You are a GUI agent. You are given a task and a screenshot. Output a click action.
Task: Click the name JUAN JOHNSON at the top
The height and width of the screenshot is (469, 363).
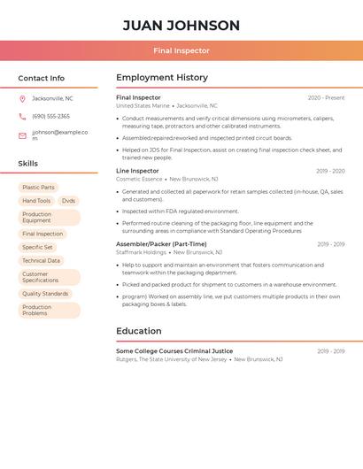point(181,26)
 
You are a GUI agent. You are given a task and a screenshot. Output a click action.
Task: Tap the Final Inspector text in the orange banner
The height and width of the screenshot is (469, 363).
point(181,51)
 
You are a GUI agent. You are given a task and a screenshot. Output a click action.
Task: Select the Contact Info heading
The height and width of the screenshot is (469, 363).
point(42,78)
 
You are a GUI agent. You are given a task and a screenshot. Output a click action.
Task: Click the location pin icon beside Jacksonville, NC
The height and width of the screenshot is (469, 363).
point(22,99)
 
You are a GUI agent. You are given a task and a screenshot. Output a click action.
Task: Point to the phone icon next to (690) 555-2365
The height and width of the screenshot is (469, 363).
point(22,117)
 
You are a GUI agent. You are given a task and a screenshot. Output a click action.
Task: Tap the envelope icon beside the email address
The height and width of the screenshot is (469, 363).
point(22,135)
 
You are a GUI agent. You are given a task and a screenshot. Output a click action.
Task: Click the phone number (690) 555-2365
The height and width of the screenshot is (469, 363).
point(50,117)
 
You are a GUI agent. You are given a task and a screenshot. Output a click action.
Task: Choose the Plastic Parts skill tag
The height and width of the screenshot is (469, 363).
point(38,188)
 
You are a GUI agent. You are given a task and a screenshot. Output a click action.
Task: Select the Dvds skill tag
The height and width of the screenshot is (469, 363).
point(68,201)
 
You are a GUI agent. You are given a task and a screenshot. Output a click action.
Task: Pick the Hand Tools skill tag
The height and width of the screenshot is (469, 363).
point(36,201)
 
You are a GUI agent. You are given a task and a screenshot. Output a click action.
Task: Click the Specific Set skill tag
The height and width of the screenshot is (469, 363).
point(37,248)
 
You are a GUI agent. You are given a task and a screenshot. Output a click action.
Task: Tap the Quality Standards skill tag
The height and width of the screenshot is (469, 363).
point(45,294)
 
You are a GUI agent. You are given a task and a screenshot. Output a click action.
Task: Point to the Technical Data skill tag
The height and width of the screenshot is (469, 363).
point(41,261)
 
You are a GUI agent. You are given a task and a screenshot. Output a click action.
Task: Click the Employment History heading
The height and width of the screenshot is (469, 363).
point(162,78)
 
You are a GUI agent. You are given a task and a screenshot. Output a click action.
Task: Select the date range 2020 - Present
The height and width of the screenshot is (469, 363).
point(326,98)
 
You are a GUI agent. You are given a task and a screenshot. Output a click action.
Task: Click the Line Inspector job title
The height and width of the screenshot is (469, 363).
point(137,171)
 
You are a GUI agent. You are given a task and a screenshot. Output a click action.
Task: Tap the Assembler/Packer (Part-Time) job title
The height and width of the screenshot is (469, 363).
point(161,244)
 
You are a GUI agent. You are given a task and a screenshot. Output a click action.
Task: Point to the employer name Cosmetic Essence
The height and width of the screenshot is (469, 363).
point(139,179)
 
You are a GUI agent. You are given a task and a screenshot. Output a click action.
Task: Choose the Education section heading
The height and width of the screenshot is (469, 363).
point(138,331)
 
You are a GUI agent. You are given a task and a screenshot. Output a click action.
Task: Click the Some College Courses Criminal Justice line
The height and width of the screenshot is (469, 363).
point(174,351)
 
